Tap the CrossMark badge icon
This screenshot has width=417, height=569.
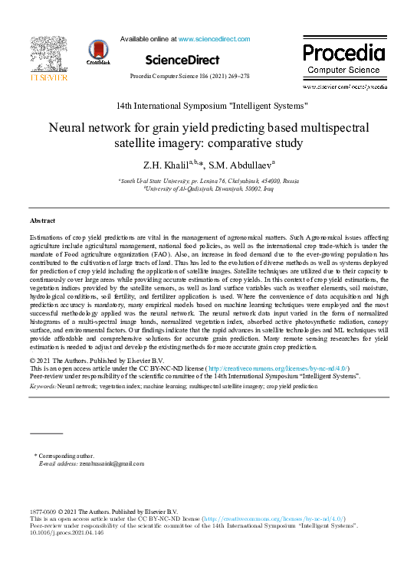(x=99, y=51)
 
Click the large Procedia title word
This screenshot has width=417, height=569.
(x=343, y=53)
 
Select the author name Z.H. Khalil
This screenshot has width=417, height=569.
(x=164, y=165)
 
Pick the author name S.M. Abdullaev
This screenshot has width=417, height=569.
(x=231, y=165)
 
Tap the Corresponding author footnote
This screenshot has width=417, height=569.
(x=67, y=456)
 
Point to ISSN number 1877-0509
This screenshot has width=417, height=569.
(x=44, y=512)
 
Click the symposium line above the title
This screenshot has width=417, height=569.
(x=212, y=104)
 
